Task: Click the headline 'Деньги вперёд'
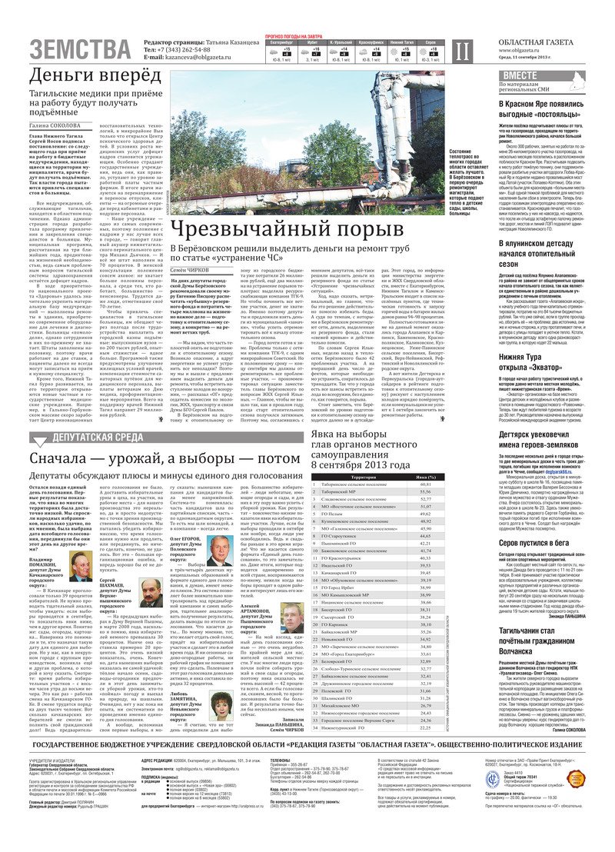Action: (95, 76)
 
